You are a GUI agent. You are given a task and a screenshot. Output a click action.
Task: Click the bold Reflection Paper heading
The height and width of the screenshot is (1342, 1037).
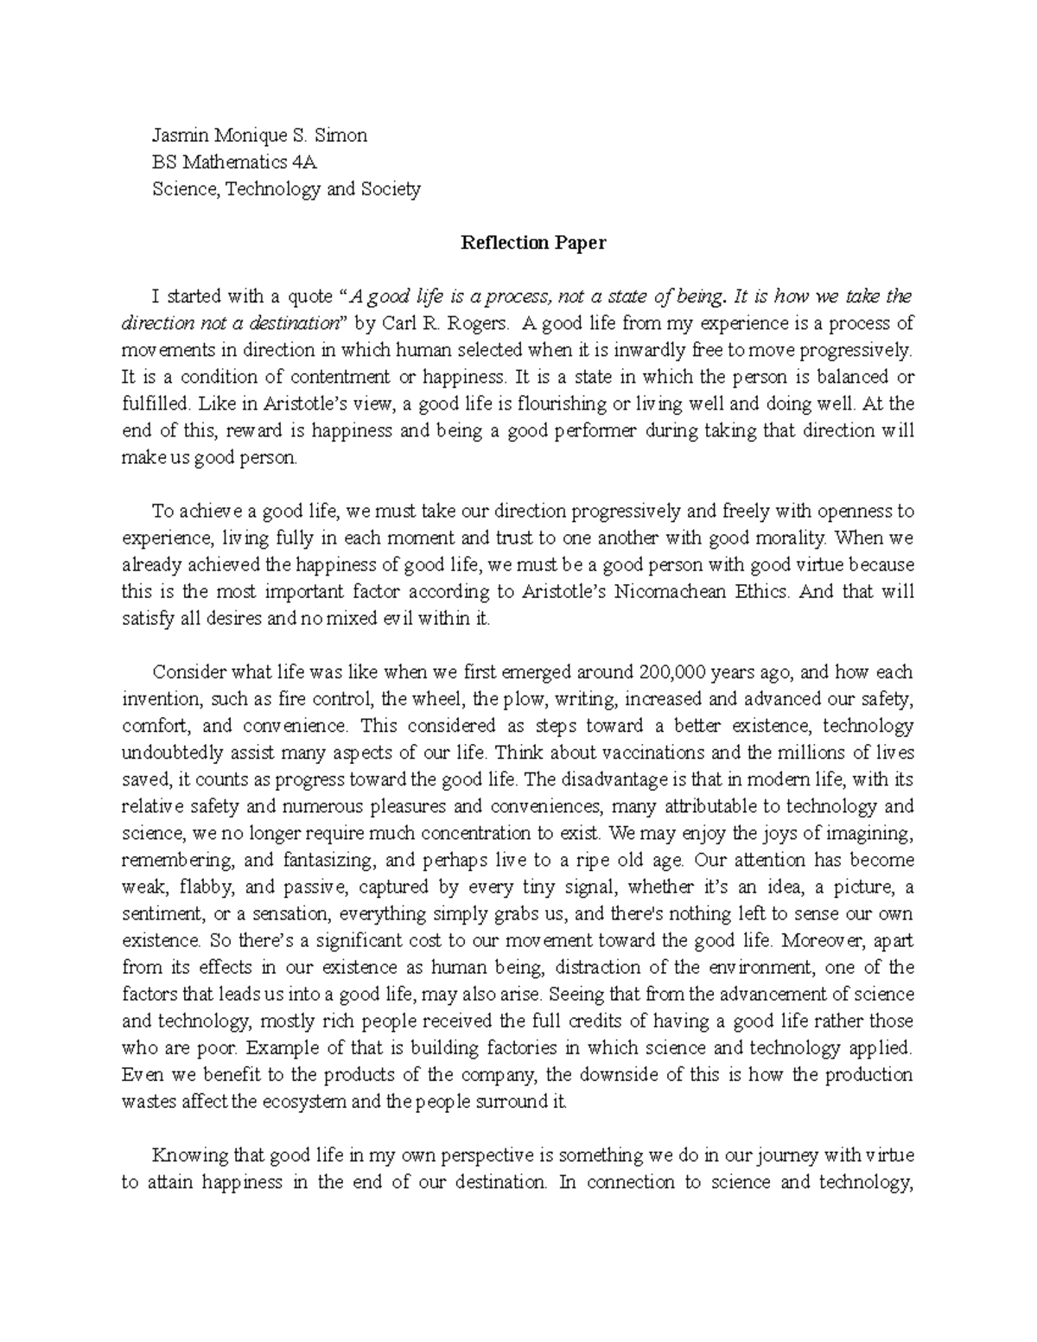click(x=532, y=243)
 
